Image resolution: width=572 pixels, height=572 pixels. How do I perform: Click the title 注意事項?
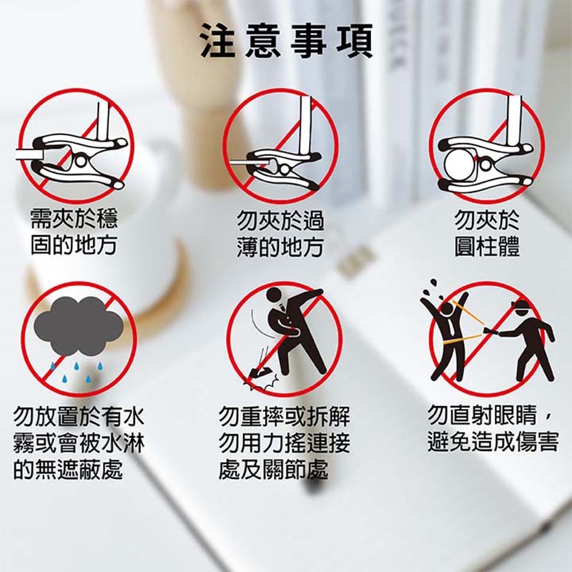coord(287,41)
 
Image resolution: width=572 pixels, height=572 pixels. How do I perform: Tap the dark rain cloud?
coord(79,326)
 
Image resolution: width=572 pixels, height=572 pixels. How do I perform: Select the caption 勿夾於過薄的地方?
coord(280,234)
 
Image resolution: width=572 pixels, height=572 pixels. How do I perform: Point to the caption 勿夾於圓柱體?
coord(487,234)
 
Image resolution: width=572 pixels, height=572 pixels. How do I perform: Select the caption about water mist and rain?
coord(79,443)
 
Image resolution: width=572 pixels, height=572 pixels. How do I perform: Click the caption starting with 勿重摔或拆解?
coord(284,443)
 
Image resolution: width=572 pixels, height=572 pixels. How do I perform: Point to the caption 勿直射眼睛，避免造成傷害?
coord(493,429)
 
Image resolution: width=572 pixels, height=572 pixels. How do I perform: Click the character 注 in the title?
coord(218,41)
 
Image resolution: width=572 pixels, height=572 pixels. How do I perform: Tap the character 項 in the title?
coord(355,41)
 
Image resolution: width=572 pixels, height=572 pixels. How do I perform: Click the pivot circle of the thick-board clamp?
coord(81,161)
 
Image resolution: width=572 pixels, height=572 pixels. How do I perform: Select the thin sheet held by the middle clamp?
coord(249,161)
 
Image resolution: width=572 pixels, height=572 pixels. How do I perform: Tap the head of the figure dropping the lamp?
coord(274,295)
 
